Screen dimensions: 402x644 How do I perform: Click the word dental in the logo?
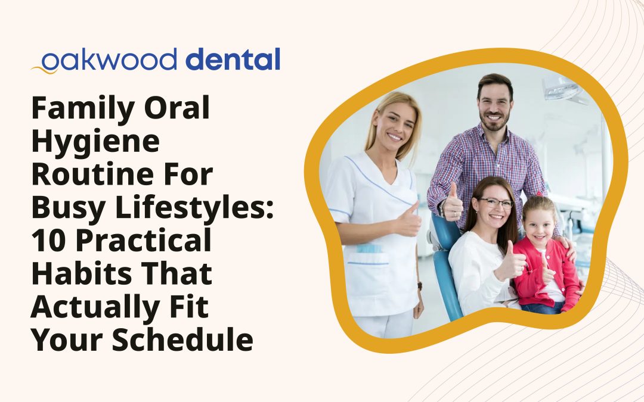233,60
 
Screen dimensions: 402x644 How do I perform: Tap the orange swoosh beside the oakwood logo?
44,69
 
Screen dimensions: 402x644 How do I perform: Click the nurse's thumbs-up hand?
409,220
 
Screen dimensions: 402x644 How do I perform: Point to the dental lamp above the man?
563,89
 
